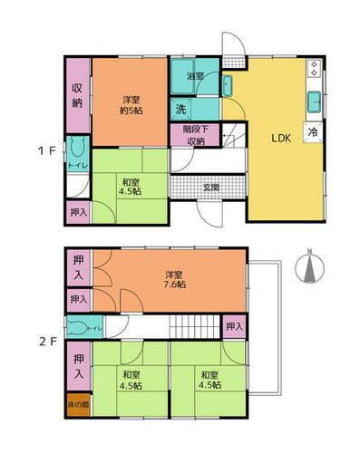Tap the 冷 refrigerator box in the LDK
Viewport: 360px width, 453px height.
click(314, 131)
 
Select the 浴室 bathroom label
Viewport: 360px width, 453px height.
click(195, 77)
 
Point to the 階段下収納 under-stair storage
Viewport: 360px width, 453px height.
click(194, 136)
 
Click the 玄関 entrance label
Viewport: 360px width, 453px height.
click(210, 187)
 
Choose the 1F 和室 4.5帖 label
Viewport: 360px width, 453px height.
click(129, 186)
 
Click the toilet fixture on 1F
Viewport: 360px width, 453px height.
click(78, 150)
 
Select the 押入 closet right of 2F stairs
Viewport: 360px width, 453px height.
click(234, 326)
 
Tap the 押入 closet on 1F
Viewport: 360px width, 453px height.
click(78, 212)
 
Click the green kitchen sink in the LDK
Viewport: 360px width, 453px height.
click(314, 99)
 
